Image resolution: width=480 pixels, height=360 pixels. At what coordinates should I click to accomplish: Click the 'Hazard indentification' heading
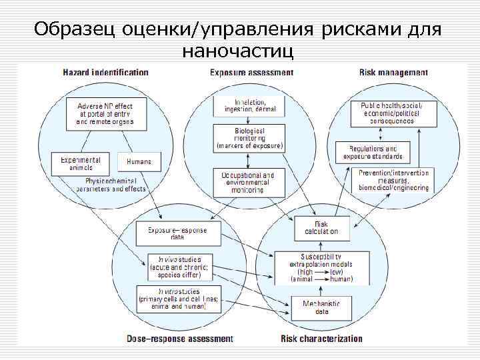(105, 72)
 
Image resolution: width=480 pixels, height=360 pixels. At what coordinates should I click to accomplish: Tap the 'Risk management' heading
(393, 72)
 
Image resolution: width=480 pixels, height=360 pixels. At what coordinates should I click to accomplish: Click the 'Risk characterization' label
(321, 339)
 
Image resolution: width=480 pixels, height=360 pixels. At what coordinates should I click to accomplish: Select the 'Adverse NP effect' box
(105, 114)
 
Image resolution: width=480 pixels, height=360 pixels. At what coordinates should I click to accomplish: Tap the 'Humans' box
(139, 162)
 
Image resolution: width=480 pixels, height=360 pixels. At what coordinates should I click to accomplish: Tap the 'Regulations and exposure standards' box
(373, 153)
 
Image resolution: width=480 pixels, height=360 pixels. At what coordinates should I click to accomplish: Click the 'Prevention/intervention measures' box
(393, 180)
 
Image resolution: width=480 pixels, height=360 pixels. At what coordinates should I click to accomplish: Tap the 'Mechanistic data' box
(321, 307)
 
